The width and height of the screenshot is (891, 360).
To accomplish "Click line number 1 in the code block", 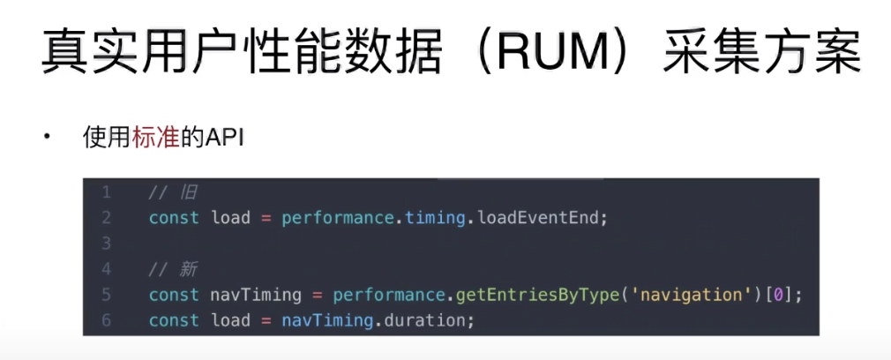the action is coord(106,192).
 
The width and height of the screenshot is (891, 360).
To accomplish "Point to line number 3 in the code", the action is coord(106,243).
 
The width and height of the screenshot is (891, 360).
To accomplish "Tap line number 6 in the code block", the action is coord(106,319).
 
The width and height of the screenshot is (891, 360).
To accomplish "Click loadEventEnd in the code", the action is coord(543,218).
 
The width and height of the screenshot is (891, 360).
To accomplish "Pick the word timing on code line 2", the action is coord(435,218).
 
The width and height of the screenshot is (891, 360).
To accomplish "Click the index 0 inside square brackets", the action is coord(776,295).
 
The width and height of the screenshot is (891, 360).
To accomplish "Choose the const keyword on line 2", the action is coord(174,218).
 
